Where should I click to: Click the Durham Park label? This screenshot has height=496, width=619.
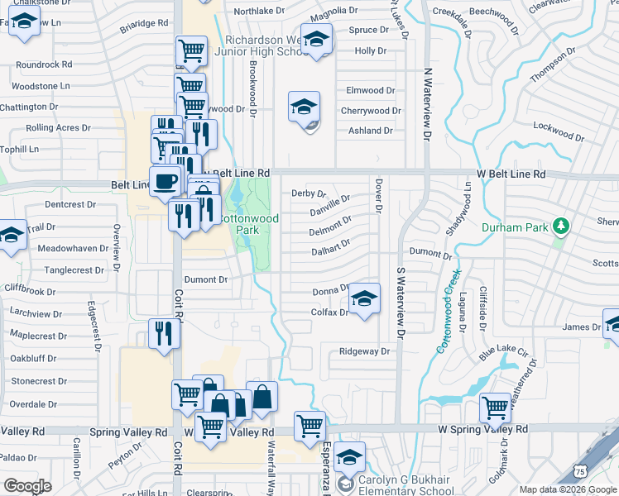[516, 225]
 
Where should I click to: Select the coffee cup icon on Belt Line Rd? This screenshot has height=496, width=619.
[165, 181]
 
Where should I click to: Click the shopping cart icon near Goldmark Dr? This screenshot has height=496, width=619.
[495, 407]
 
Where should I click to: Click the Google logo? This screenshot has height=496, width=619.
[27, 486]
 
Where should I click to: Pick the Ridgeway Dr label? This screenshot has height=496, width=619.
[364, 351]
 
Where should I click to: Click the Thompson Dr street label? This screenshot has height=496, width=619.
[551, 64]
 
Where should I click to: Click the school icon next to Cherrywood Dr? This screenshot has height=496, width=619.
[304, 107]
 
